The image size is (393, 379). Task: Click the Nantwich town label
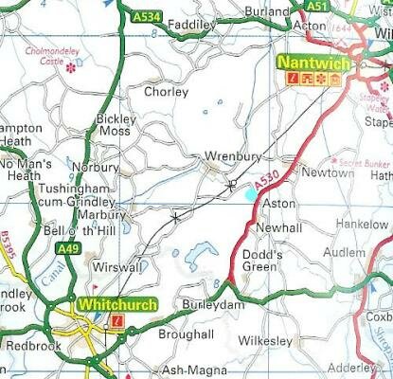point(311,62)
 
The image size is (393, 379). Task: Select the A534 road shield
point(147,16)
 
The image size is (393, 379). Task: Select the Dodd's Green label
point(261,261)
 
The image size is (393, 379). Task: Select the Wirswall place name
point(118,268)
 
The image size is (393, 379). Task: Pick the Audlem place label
point(343,253)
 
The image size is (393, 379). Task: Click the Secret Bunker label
point(362,164)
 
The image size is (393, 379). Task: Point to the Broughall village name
point(183,335)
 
